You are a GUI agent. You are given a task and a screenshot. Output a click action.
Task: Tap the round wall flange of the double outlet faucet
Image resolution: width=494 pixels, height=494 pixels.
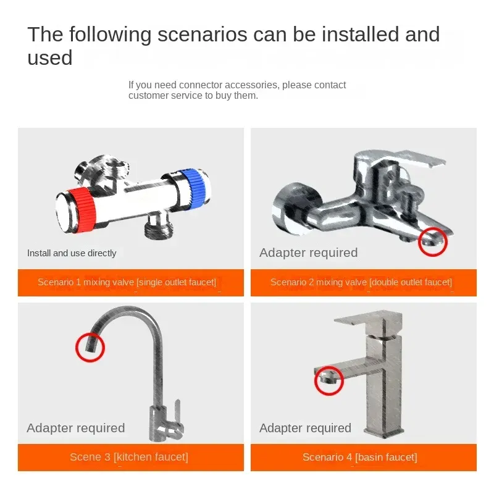pos(295,208)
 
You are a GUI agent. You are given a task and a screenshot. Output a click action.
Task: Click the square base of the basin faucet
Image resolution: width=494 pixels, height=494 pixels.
pos(383,432)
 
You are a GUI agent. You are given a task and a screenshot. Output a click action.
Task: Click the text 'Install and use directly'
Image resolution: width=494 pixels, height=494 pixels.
pos(72,253)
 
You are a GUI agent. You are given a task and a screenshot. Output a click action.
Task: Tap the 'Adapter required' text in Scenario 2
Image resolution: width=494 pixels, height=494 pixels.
pos(308,253)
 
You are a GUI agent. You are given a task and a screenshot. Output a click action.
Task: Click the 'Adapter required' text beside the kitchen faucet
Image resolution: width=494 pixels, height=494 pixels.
pos(76,428)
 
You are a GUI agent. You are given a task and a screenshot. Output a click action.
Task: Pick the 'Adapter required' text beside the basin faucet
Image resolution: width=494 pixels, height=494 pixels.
pos(305,428)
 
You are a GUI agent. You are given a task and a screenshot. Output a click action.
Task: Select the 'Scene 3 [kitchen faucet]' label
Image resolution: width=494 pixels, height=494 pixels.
pos(129,457)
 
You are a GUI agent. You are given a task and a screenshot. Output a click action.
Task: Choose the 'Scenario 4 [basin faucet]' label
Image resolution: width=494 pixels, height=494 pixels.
pos(360,457)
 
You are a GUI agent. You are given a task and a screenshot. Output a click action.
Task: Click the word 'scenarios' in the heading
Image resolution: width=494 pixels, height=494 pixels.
pos(203,34)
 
